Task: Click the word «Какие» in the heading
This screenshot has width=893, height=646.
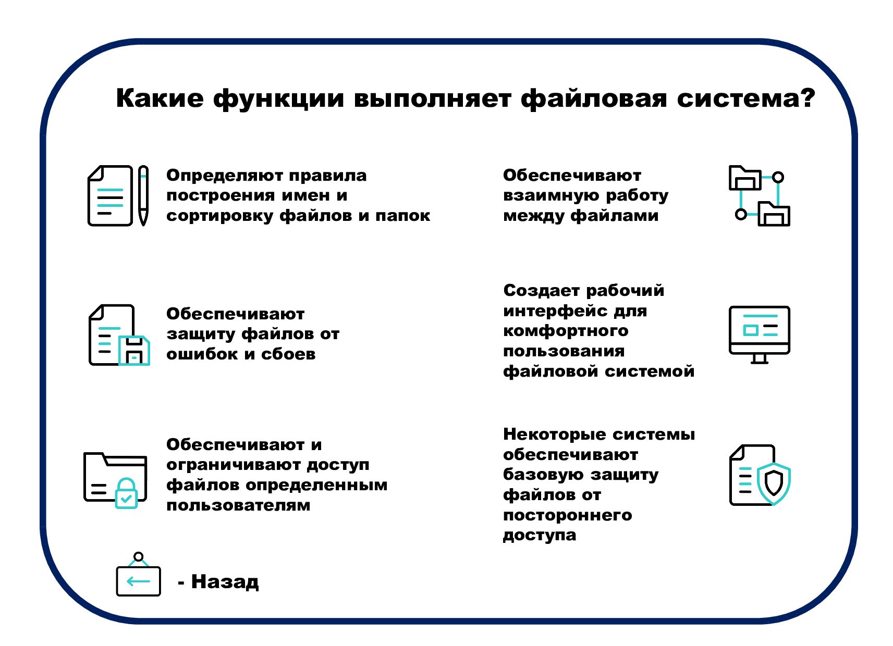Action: tap(160, 98)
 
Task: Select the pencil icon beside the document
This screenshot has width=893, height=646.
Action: tap(143, 195)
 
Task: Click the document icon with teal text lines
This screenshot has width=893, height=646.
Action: tap(110, 196)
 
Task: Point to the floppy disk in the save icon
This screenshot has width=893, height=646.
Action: tap(134, 351)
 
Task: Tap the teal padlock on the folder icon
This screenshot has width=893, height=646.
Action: tap(126, 493)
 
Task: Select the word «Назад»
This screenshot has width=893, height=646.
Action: tap(225, 581)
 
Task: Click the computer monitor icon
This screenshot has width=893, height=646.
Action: tap(759, 333)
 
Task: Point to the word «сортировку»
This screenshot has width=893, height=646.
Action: tap(219, 216)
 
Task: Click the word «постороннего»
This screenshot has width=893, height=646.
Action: tap(567, 515)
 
